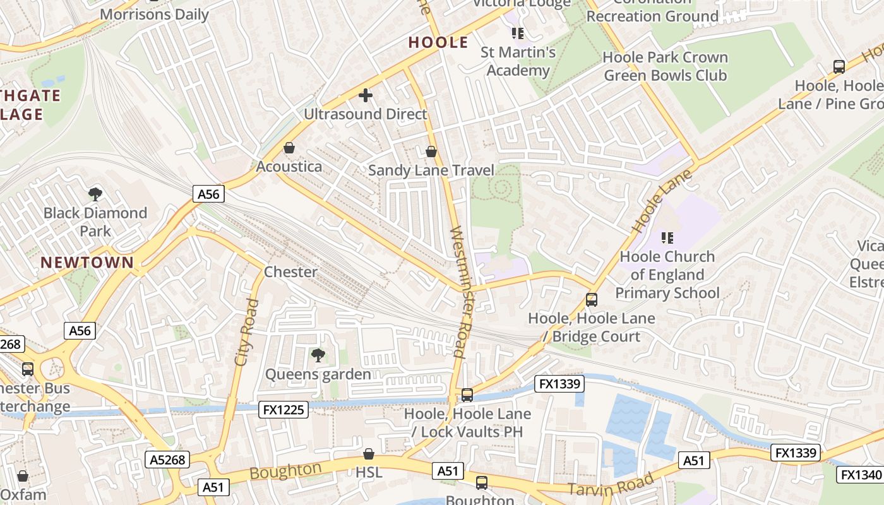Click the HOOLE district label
(x=438, y=42)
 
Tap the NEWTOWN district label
(x=87, y=263)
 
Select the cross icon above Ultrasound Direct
(x=366, y=96)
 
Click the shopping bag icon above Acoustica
(x=289, y=148)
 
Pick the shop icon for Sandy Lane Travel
(x=431, y=151)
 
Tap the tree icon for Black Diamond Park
(x=95, y=194)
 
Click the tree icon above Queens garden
(x=318, y=355)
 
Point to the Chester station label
(x=290, y=272)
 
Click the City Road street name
(x=246, y=333)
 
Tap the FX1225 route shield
(x=283, y=410)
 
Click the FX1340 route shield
(x=859, y=475)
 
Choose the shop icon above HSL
(x=369, y=454)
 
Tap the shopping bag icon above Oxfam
(x=23, y=476)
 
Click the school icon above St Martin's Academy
(x=518, y=33)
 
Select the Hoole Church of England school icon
(x=667, y=238)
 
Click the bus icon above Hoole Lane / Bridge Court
(x=592, y=300)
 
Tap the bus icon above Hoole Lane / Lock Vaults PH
(x=467, y=395)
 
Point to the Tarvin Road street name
(x=609, y=484)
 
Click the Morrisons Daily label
(x=154, y=15)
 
